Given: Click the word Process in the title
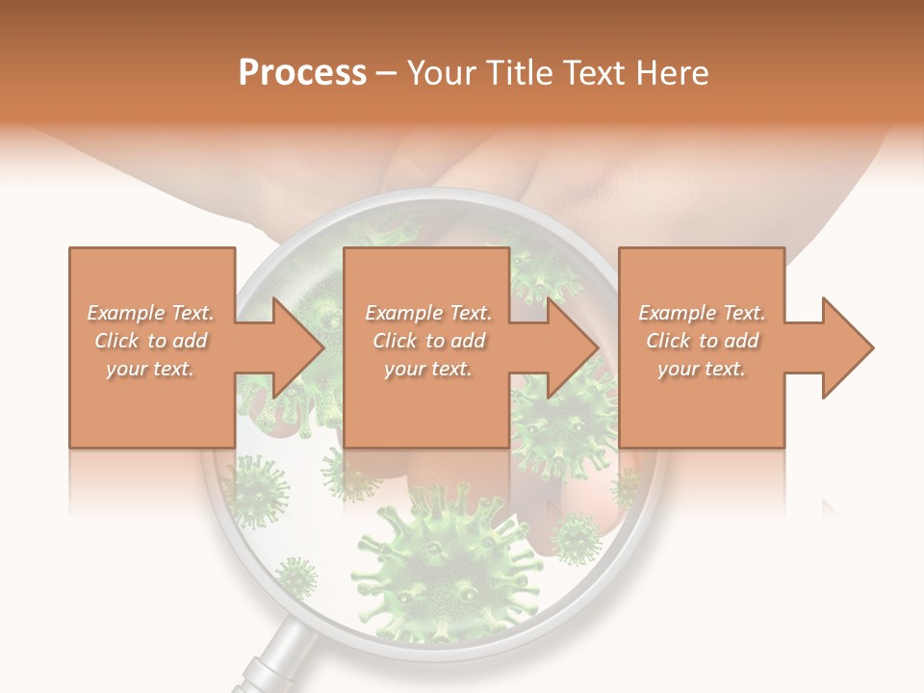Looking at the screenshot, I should click(x=302, y=73).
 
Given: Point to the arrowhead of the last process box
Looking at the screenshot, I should click(x=845, y=347).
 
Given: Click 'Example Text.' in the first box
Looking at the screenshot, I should click(x=150, y=313).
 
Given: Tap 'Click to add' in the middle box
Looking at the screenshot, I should click(x=428, y=341).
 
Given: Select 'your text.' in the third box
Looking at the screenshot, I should click(x=701, y=369).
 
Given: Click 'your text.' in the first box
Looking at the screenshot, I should click(x=150, y=369).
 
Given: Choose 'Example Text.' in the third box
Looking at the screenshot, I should click(x=701, y=313).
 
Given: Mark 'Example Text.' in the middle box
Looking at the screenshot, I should click(x=428, y=313).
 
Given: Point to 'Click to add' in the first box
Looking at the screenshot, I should click(x=150, y=341).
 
